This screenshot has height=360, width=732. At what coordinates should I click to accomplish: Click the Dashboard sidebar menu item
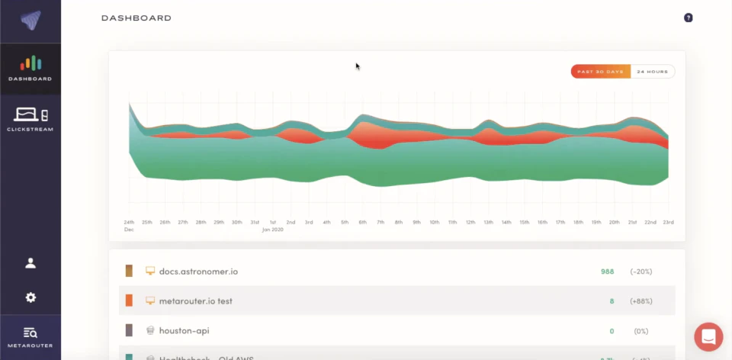tap(30, 69)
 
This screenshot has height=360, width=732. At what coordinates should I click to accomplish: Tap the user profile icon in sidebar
tap(30, 263)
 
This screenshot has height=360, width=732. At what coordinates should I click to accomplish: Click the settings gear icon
tap(30, 297)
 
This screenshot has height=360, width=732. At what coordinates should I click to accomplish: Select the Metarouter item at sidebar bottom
tap(30, 337)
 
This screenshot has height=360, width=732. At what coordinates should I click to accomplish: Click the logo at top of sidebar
tap(30, 21)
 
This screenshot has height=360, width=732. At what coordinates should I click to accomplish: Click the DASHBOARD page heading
tap(136, 18)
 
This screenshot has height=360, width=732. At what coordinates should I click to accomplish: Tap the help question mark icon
tap(688, 18)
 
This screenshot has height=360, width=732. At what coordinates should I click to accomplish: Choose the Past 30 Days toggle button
tap(601, 72)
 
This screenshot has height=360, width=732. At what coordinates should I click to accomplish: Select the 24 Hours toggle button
tap(653, 72)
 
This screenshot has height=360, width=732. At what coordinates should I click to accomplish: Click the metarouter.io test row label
tap(195, 301)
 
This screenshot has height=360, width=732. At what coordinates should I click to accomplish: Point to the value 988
tap(607, 272)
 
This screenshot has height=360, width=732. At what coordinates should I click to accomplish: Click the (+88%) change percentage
tap(641, 301)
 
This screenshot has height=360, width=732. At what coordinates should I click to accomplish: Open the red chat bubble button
tap(708, 336)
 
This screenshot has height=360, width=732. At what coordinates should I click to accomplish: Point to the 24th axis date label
tap(129, 222)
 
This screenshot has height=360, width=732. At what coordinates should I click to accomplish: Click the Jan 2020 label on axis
tap(273, 229)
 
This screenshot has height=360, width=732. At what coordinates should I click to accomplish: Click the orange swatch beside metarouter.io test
tap(129, 301)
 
